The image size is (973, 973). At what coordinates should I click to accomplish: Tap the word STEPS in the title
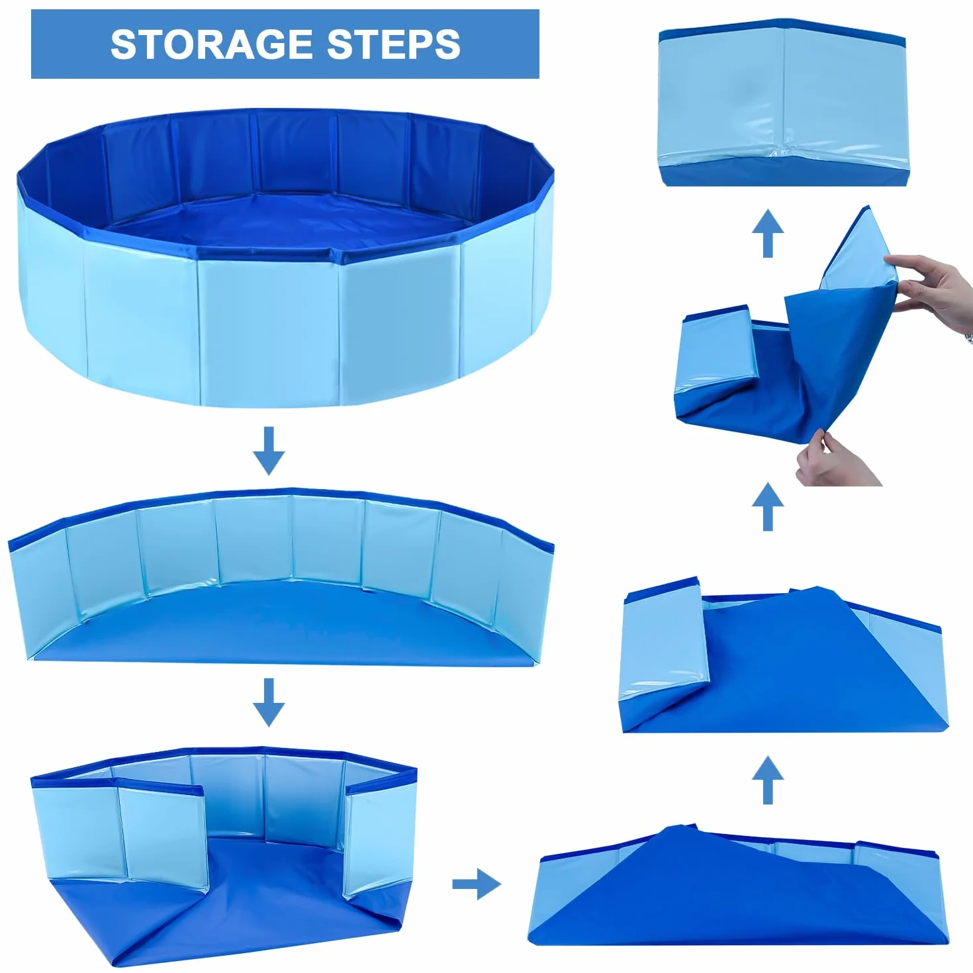pos(394,44)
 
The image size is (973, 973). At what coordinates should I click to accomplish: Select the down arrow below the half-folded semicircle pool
pos(269,702)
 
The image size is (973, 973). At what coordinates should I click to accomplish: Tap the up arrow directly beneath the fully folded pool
pos(768,233)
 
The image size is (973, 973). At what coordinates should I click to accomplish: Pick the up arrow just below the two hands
pos(768,506)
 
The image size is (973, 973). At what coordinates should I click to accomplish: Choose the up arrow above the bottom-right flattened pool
pos(768,780)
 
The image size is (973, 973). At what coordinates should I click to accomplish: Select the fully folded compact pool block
pos(782,103)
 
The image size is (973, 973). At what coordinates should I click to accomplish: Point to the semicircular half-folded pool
pos(281,576)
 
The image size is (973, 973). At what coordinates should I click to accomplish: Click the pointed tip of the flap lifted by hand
pos(868,207)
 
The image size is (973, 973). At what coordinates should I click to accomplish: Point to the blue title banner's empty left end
pos(71,44)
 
